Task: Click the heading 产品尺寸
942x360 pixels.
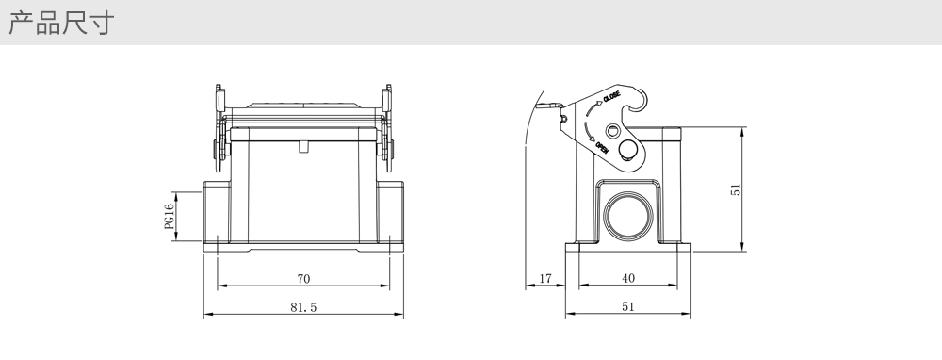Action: (x=61, y=23)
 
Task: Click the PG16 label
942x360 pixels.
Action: (x=170, y=217)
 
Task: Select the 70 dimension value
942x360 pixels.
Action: (x=304, y=279)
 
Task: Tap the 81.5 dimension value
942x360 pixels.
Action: (x=303, y=307)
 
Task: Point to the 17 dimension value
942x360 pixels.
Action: (x=544, y=279)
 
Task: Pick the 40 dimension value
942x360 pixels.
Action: (x=627, y=278)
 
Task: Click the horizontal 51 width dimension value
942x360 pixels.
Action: (x=627, y=306)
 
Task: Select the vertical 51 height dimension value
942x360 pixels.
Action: (x=736, y=189)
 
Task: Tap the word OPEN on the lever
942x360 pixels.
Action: (x=601, y=147)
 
